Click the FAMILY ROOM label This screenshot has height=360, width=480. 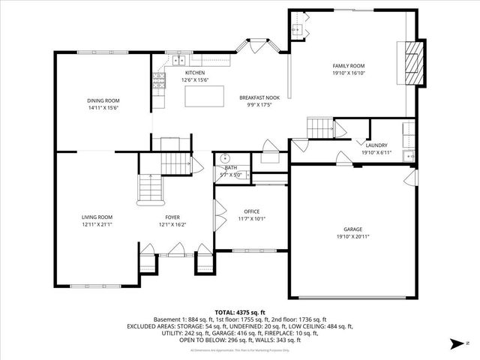click(x=348, y=66)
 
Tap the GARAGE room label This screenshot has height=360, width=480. click(x=353, y=229)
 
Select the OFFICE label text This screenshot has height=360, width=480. click(x=251, y=211)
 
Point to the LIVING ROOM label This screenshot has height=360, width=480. click(x=97, y=217)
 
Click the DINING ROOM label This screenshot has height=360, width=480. click(x=103, y=100)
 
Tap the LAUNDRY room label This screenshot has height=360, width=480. click(x=376, y=145)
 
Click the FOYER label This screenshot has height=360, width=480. click(x=162, y=217)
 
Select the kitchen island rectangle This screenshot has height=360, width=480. click(x=205, y=97)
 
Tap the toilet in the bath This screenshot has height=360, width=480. click(x=223, y=159)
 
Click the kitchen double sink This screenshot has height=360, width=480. click(x=179, y=60)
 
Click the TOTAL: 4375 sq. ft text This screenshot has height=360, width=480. click(x=240, y=312)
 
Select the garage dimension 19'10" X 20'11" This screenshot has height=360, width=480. click(x=353, y=236)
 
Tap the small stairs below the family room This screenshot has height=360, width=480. click(x=320, y=127)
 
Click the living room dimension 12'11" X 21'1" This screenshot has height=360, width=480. click(x=97, y=224)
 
